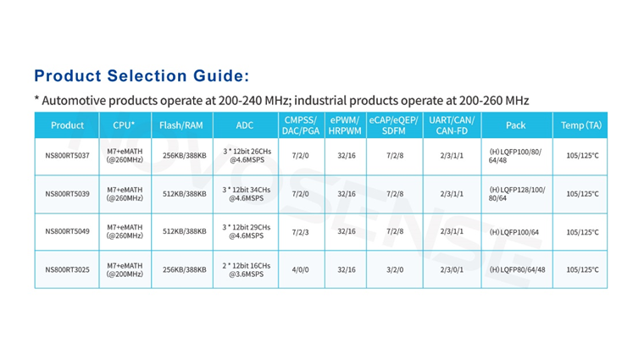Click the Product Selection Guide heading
(x=142, y=75)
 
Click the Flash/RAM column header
(x=181, y=125)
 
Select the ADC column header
(x=245, y=125)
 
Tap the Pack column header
(x=515, y=125)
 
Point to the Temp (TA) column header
(x=581, y=125)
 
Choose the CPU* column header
(x=124, y=125)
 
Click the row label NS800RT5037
(x=67, y=156)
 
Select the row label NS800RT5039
(x=67, y=194)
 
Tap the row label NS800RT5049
(x=67, y=231)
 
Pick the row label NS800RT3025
(x=67, y=269)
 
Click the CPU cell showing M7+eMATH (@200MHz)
(x=124, y=269)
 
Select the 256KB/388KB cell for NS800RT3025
(x=184, y=269)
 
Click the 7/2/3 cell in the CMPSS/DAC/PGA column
(x=300, y=231)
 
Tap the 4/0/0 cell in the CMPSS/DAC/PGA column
(x=300, y=269)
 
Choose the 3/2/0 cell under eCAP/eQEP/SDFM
(x=395, y=269)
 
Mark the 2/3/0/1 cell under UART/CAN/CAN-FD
(x=452, y=269)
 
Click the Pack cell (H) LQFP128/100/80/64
(x=517, y=194)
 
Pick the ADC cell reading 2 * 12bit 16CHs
(x=246, y=269)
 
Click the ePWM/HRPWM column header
(x=346, y=125)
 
